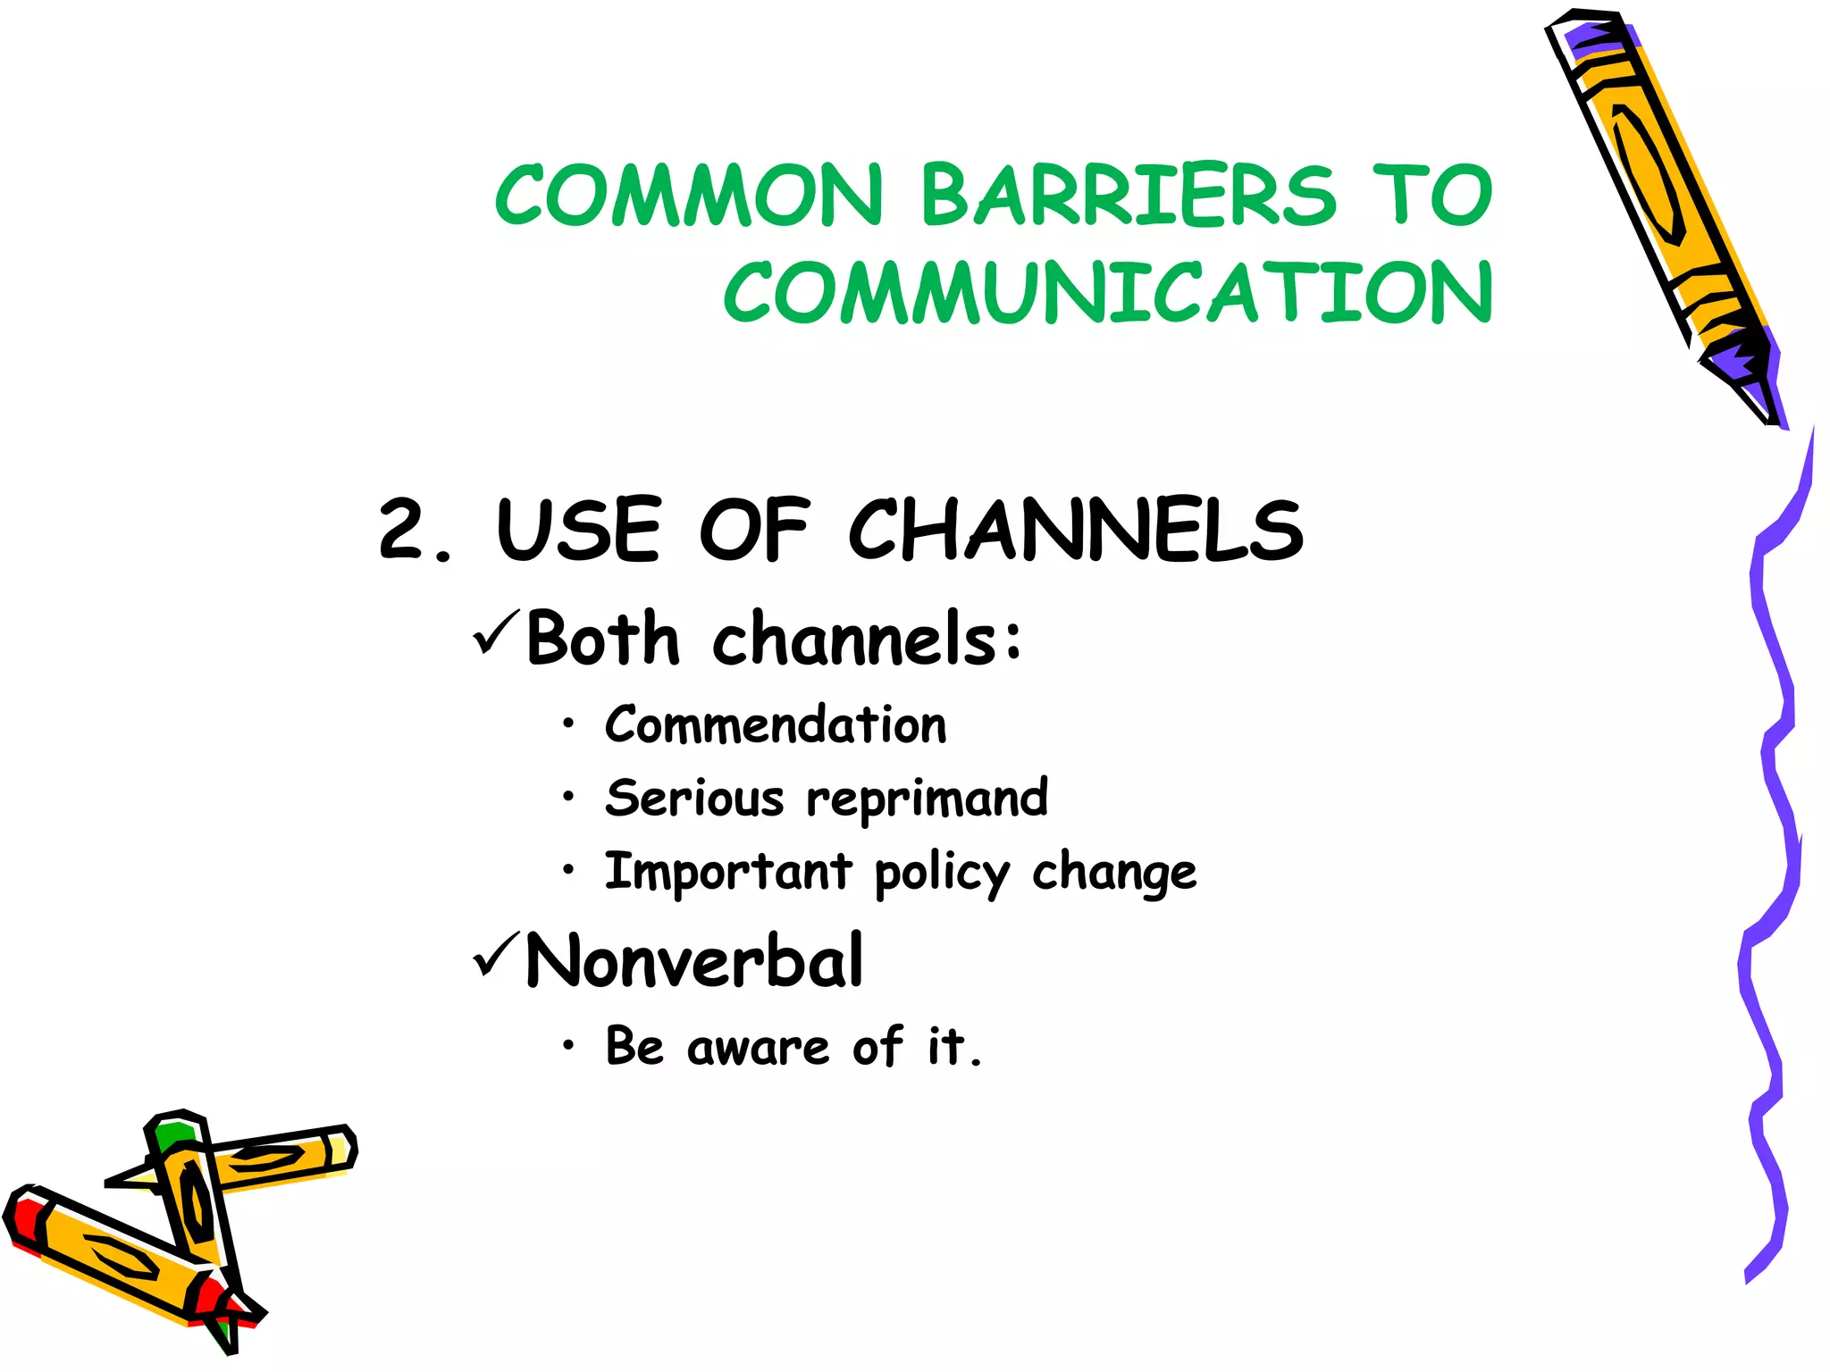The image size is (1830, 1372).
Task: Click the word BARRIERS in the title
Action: (1128, 195)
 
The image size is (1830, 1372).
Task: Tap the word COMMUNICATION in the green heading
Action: (1108, 293)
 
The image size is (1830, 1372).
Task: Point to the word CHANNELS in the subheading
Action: (1076, 530)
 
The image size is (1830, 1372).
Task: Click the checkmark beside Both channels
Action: (496, 632)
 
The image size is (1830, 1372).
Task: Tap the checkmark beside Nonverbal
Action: (496, 955)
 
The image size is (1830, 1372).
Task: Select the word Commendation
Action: (776, 724)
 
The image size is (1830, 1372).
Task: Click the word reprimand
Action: (927, 799)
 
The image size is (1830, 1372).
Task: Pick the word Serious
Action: (694, 798)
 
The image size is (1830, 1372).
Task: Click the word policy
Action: (942, 873)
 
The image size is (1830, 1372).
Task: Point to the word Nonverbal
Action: (694, 960)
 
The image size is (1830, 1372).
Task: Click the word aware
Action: (758, 1047)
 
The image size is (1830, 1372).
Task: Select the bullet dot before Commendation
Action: (569, 724)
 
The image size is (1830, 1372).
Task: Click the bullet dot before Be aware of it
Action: (569, 1045)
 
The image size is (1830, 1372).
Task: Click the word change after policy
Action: (1114, 873)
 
